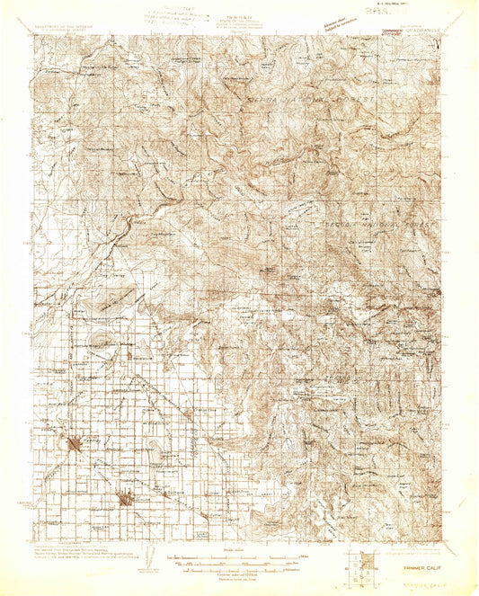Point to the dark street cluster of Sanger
[x=75, y=441]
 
